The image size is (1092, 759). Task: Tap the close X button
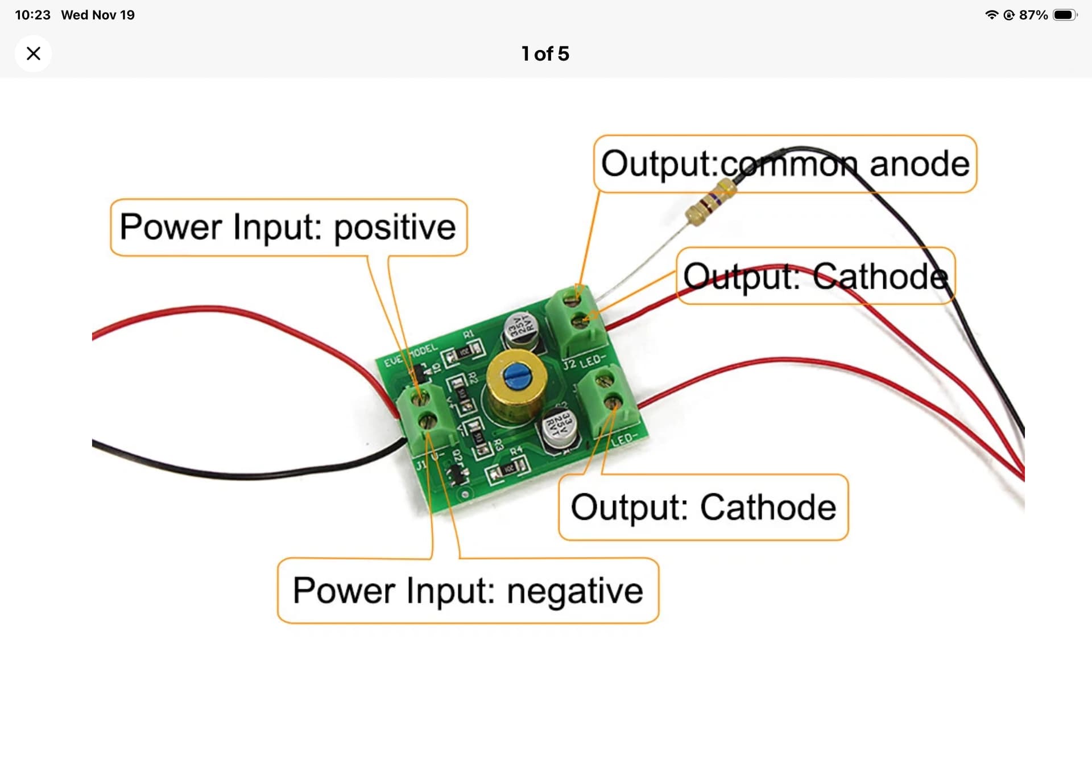click(x=34, y=53)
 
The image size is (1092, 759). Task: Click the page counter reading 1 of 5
click(x=545, y=53)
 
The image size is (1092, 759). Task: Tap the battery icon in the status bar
click(x=1064, y=15)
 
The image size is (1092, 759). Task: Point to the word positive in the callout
click(x=395, y=228)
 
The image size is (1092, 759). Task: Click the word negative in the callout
click(x=575, y=591)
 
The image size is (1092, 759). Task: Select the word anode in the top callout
click(x=919, y=164)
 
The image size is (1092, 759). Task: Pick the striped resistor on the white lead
click(x=710, y=201)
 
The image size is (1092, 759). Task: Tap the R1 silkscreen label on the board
click(x=468, y=334)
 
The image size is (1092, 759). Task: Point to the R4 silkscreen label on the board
click(x=516, y=451)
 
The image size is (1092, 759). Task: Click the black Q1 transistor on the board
click(x=419, y=374)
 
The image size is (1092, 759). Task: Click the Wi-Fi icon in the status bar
click(x=991, y=15)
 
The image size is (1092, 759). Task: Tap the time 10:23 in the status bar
click(x=32, y=15)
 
